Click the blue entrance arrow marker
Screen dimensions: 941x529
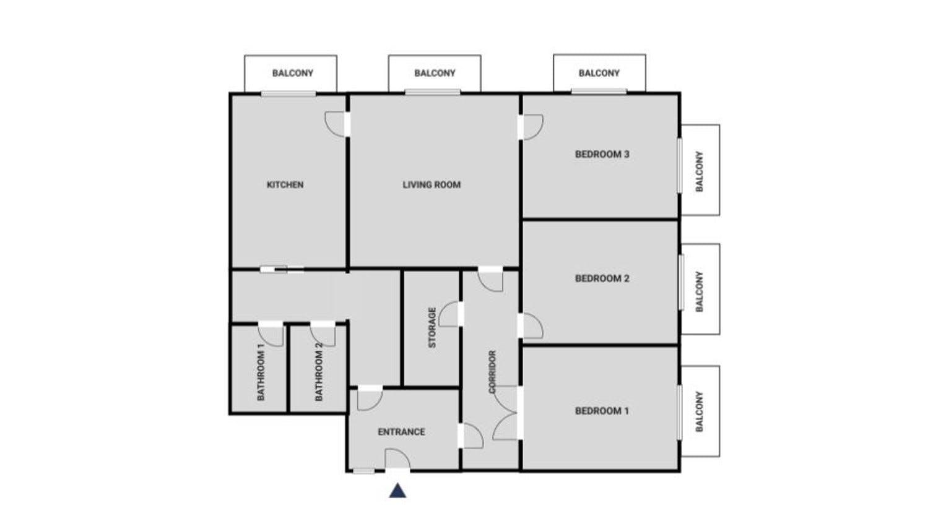[397, 491]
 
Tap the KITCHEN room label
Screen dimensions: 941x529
[285, 185]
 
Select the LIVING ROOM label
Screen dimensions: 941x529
[431, 185]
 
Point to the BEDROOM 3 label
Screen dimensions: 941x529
[602, 155]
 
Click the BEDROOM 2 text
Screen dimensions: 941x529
[602, 278]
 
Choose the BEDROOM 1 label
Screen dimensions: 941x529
[602, 411]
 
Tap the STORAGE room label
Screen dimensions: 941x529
[432, 328]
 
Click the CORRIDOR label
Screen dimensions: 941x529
[492, 372]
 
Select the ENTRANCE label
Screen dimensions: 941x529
[401, 432]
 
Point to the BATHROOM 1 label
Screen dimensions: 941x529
[261, 372]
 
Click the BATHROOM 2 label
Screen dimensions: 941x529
[318, 372]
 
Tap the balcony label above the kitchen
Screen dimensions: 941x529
[292, 73]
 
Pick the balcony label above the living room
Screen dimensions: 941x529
[435, 73]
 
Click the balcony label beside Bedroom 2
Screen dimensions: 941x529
[699, 291]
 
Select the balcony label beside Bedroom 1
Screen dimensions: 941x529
[699, 411]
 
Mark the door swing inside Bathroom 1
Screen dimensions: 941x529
[271, 334]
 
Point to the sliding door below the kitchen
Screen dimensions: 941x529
[282, 270]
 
